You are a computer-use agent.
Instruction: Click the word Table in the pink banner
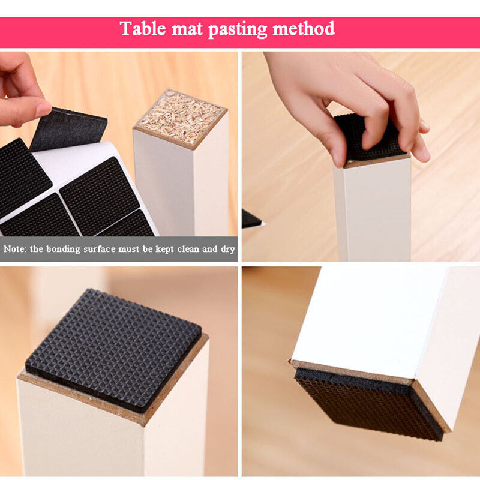143,28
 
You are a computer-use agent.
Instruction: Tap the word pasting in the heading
237,29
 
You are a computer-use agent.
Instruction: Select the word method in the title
304,28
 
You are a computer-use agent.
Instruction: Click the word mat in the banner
187,29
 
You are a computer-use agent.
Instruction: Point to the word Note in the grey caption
14,249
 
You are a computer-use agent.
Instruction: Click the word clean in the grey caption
188,249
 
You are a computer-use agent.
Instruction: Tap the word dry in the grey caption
228,250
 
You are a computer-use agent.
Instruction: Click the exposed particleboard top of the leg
182,119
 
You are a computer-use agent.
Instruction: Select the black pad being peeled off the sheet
69,129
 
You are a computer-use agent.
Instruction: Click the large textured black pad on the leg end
113,350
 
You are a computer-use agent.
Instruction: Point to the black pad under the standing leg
370,404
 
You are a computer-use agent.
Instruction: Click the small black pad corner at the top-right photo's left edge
251,219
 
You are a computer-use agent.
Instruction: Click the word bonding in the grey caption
63,250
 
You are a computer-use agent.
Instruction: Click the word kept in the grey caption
165,250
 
